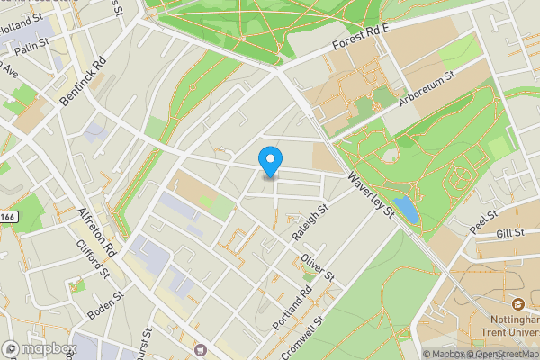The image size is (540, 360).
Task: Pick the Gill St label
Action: click(509, 234)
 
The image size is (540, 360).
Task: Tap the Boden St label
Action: click(104, 306)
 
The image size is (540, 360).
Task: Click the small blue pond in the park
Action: click(406, 211)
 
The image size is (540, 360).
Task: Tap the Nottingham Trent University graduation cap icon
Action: click(518, 302)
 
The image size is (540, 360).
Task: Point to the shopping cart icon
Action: click(199, 348)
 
